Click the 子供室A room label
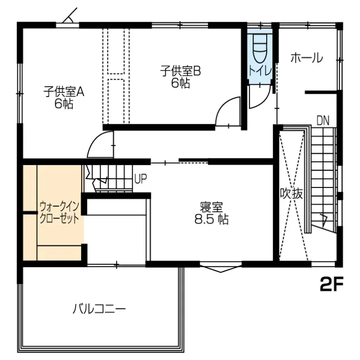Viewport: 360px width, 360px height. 64,92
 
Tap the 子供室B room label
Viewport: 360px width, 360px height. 180,71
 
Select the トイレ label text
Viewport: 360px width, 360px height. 259,72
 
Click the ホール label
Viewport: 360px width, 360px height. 307,58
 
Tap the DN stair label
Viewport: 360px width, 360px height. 322,120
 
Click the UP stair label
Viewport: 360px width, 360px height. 141,179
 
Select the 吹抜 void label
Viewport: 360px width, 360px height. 291,193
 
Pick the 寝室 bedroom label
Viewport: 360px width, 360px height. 211,207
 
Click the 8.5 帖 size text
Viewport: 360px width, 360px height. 211,219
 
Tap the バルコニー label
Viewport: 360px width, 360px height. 99,309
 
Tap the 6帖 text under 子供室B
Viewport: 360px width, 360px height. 180,83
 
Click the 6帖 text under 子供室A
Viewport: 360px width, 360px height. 64,104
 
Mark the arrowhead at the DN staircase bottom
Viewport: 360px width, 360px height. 323,218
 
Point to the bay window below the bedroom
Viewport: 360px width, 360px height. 220,269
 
